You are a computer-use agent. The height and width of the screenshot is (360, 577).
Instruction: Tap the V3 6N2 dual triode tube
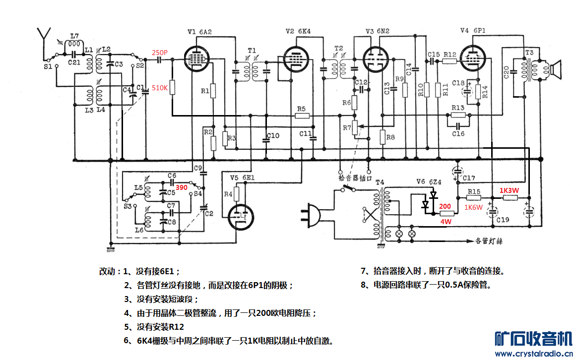tap(376, 60)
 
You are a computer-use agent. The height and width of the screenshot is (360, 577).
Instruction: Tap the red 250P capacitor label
tap(160, 53)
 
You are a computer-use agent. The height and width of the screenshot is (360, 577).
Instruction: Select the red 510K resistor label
tap(160, 88)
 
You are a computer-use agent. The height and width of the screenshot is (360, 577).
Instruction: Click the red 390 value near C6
tap(182, 188)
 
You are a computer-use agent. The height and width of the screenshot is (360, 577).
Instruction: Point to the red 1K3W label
tap(510, 189)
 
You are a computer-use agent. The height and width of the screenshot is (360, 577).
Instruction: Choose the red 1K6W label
tap(473, 208)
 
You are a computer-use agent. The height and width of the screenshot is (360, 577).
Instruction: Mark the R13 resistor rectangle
tap(458, 115)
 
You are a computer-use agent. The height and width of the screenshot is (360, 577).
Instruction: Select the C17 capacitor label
tap(469, 178)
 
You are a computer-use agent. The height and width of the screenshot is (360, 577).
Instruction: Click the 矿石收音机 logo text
tap(534, 339)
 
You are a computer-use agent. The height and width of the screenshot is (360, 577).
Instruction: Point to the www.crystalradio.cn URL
tap(534, 354)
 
